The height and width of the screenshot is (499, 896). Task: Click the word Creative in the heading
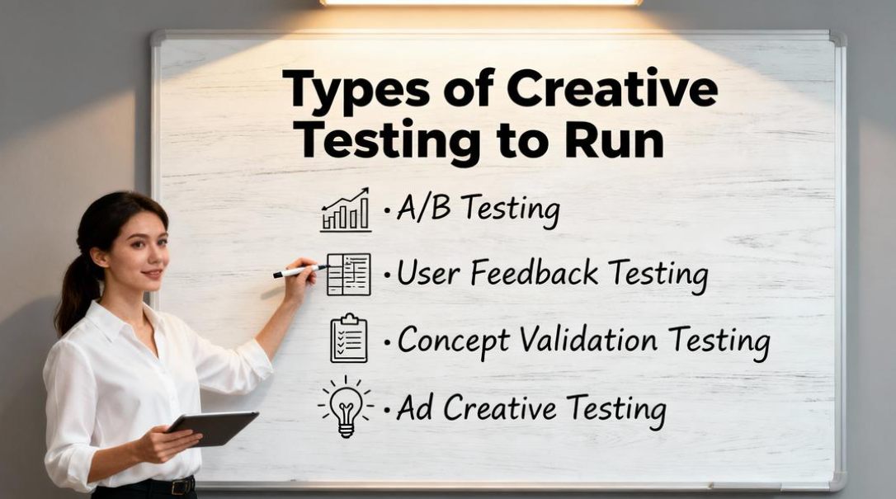pyautogui.click(x=612, y=88)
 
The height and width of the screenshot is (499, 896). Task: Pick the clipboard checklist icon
pyautogui.click(x=348, y=338)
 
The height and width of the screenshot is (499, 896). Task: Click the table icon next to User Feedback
pyautogui.click(x=348, y=275)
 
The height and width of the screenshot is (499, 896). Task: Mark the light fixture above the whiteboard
pyautogui.click(x=480, y=2)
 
